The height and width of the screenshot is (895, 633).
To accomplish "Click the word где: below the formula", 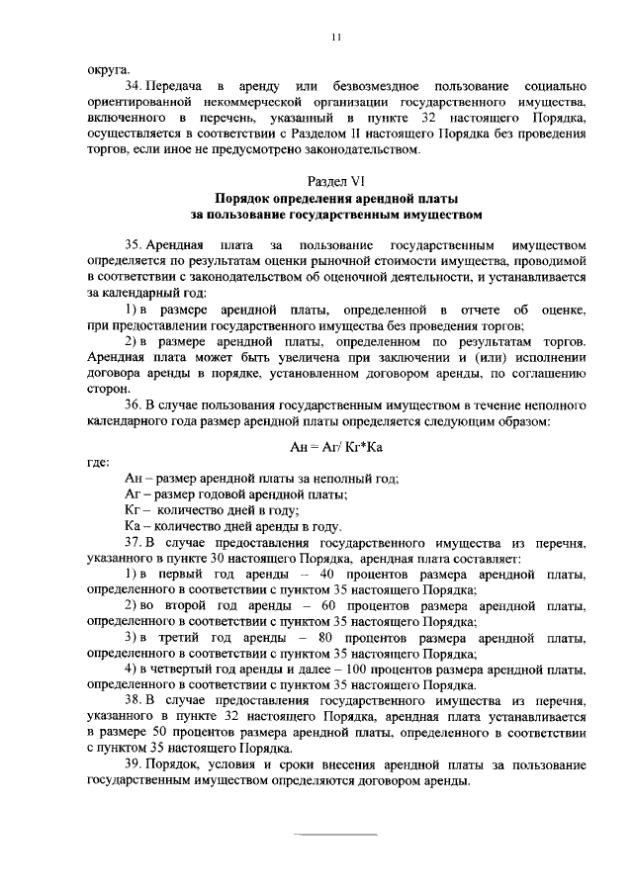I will tap(99, 462).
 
